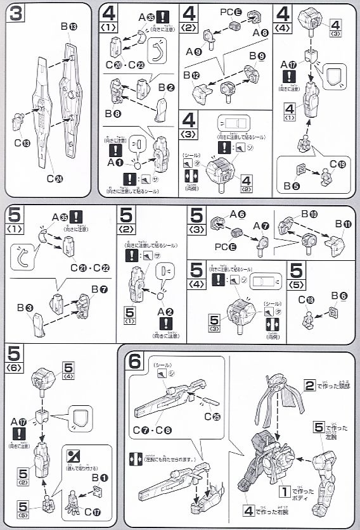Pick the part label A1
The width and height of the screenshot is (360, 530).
pos(116,163)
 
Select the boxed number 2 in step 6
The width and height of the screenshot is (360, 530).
pos(309,386)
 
